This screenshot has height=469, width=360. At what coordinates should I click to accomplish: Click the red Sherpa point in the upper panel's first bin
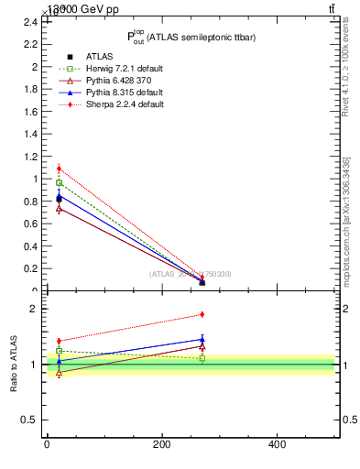[59, 169]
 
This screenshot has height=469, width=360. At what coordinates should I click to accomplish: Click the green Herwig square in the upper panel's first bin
[59, 183]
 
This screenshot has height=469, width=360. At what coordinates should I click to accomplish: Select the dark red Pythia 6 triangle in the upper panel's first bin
[59, 209]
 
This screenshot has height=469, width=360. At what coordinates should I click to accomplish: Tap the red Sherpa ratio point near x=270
[202, 314]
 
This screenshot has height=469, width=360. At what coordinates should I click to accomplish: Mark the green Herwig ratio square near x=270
[202, 358]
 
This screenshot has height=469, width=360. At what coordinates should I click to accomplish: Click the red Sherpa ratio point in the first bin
[59, 341]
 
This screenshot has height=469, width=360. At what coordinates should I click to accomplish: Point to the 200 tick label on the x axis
[161, 444]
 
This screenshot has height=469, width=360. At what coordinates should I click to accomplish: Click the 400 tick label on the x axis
[277, 444]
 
